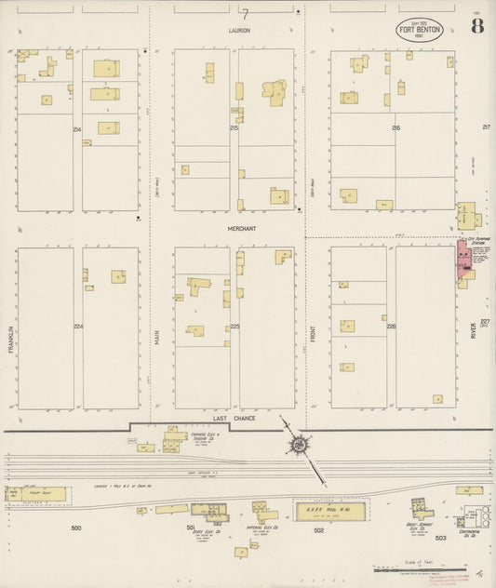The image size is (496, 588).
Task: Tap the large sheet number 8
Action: click(x=476, y=25)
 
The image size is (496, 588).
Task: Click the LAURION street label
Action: click(x=241, y=31)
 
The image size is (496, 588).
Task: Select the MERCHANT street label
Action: click(x=241, y=228)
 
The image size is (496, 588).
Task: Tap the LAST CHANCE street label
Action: click(x=233, y=420)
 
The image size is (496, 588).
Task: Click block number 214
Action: click(x=77, y=128)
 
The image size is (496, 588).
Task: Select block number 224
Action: click(x=78, y=327)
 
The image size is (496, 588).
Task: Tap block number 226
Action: click(x=391, y=327)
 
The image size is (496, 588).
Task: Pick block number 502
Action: click(x=318, y=529)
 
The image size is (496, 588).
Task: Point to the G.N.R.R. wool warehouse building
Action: click(x=329, y=509)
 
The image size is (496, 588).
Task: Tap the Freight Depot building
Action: click(x=38, y=494)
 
